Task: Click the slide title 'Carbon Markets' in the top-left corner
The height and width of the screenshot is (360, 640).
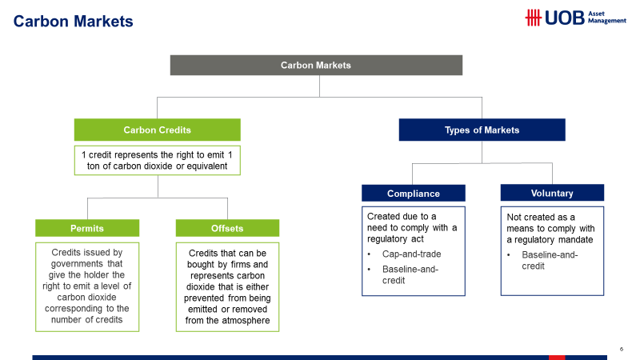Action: tap(73, 22)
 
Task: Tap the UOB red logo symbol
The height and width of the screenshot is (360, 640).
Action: tap(533, 18)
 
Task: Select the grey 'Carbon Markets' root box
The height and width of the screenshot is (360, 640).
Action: tap(316, 66)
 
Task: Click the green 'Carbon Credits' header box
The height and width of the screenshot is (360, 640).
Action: tap(157, 130)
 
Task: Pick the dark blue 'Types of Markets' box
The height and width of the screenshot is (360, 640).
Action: tap(482, 130)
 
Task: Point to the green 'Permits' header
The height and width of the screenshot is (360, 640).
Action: tap(87, 228)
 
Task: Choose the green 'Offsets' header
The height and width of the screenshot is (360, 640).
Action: tap(227, 228)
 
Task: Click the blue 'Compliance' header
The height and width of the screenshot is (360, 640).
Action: tap(414, 193)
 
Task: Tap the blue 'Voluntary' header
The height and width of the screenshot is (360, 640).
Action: tap(552, 193)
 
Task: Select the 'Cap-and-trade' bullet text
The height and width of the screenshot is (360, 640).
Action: tap(411, 254)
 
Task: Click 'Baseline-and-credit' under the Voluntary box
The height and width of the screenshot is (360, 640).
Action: tap(550, 261)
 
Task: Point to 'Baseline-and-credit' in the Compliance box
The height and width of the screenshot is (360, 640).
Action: tap(410, 274)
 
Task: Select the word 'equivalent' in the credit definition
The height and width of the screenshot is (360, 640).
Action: tap(207, 166)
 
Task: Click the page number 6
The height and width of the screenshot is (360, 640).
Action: tap(622, 349)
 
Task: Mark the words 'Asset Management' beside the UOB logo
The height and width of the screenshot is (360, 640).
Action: tap(607, 17)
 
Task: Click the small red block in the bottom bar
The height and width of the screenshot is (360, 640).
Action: tap(557, 358)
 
